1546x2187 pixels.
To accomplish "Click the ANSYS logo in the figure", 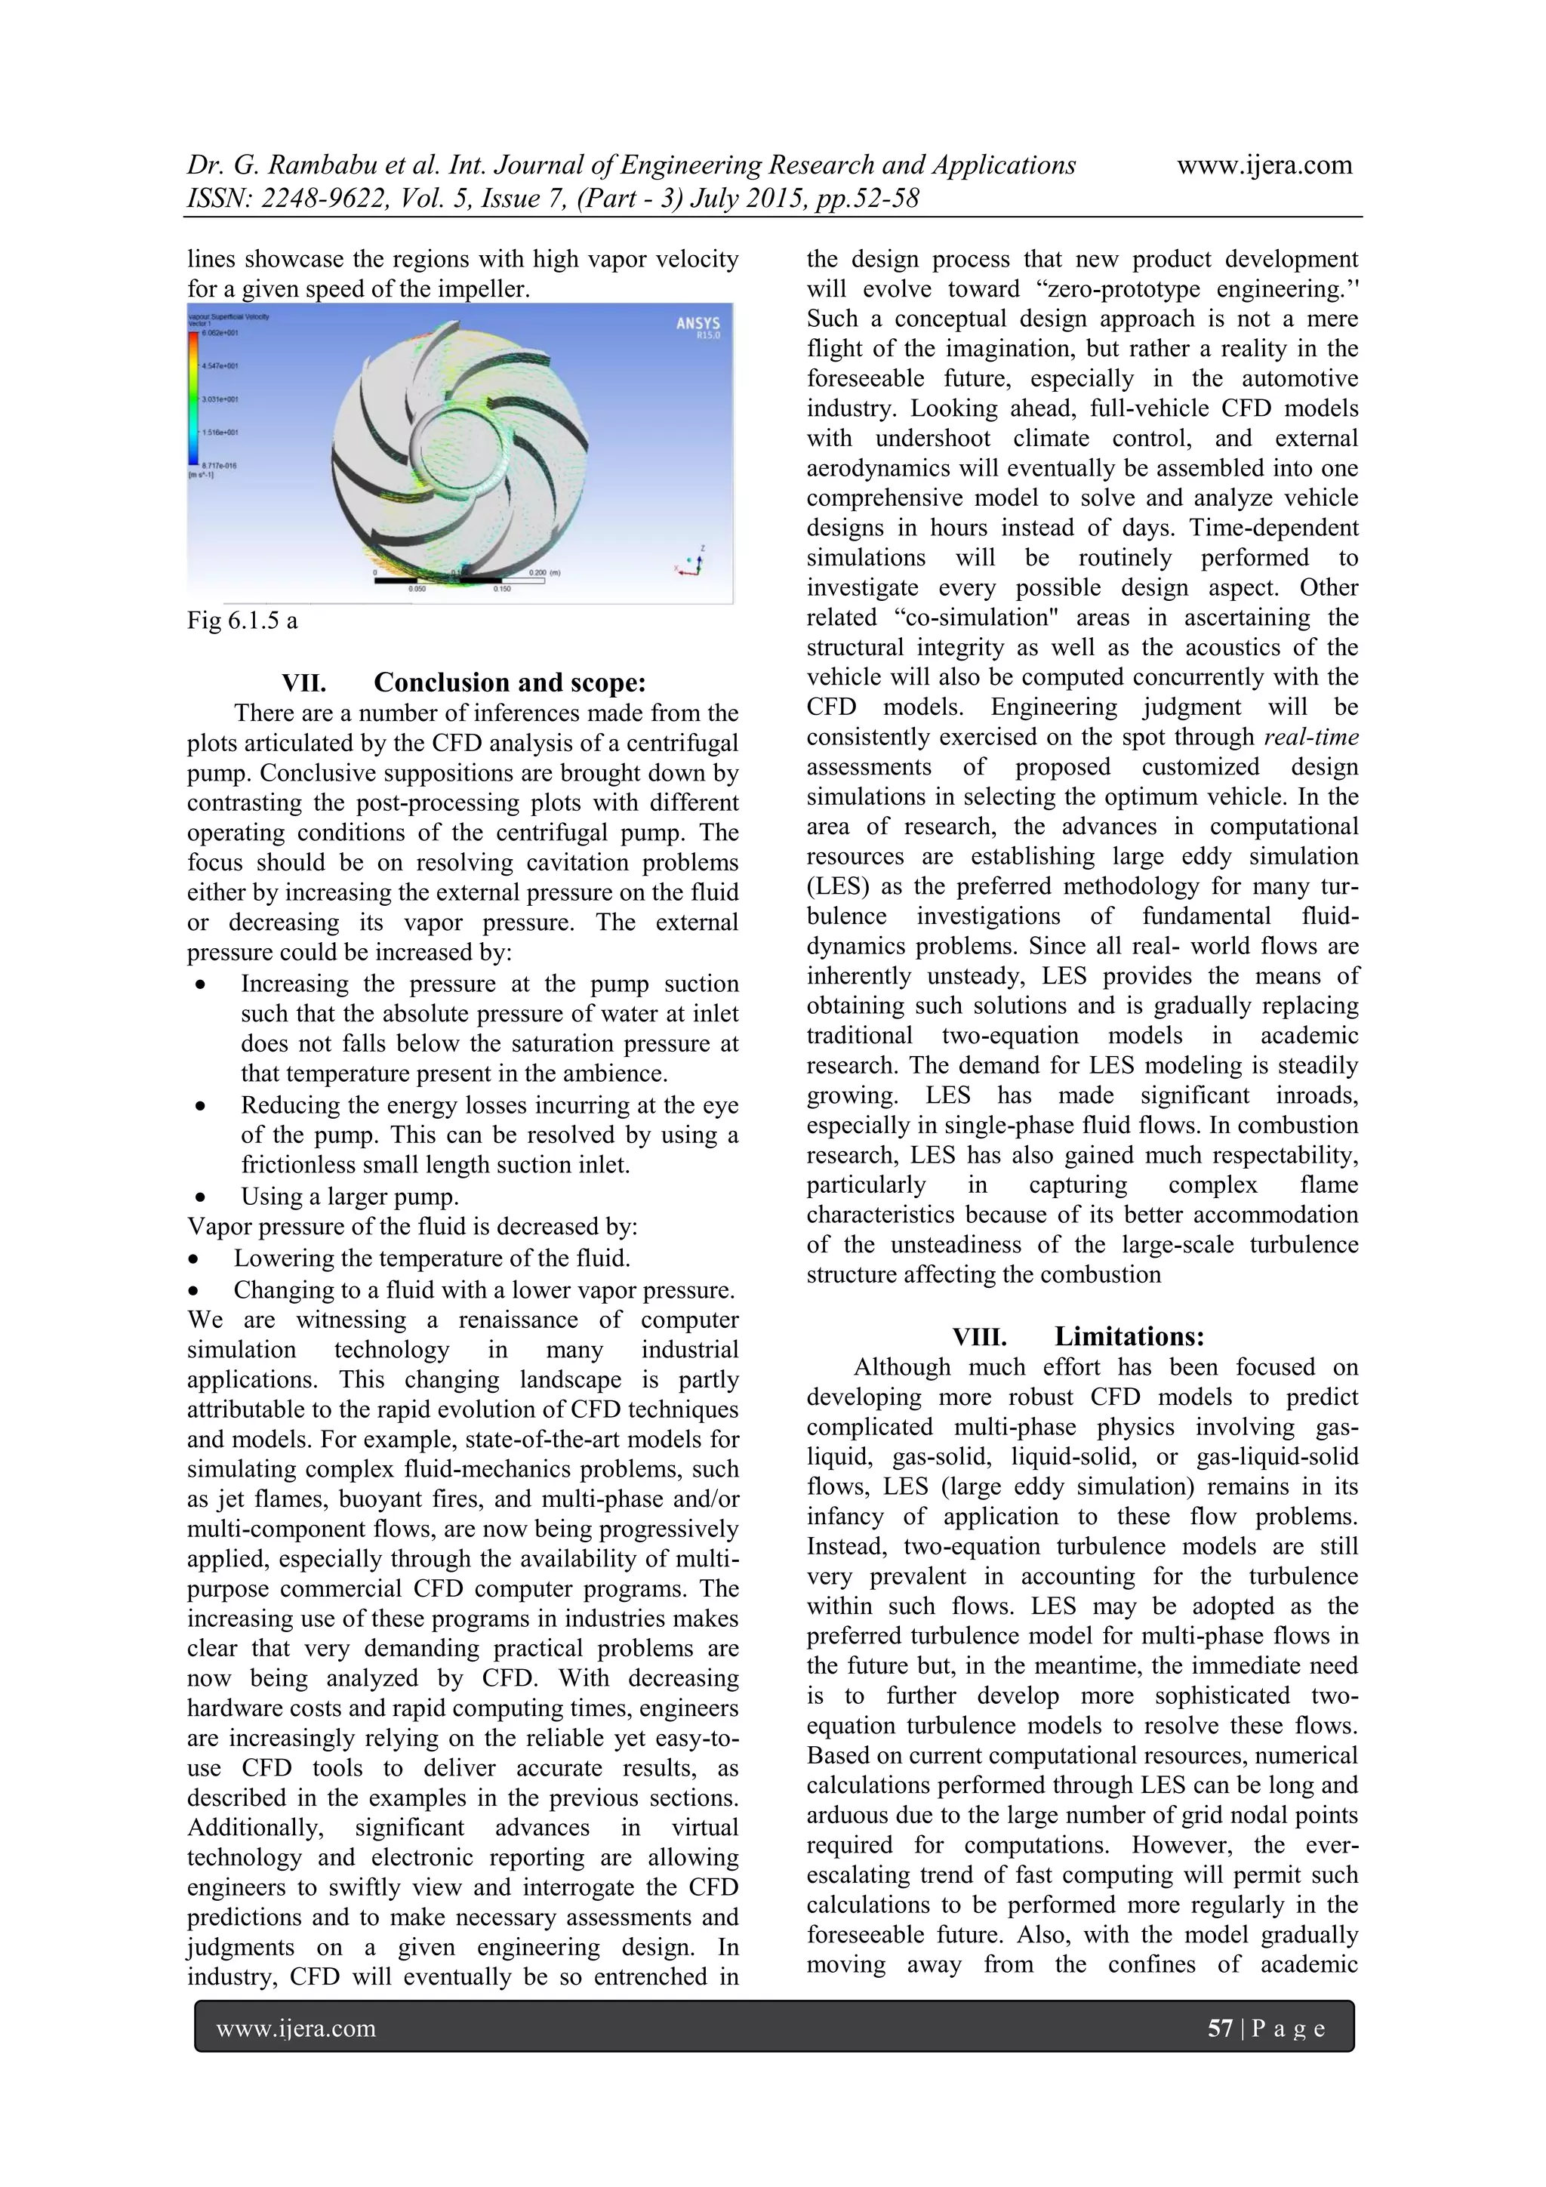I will [698, 327].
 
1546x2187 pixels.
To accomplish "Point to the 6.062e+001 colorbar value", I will [219, 334].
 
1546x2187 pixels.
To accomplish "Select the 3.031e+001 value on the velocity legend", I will [219, 399].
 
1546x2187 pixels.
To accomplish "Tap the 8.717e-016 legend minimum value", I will [219, 465].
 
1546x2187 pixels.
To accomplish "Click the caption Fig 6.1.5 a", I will [242, 621].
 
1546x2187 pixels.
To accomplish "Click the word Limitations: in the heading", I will [1129, 1336].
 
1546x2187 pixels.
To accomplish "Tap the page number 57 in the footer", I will [1220, 2028].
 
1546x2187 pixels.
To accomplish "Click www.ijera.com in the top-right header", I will [1264, 166].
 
